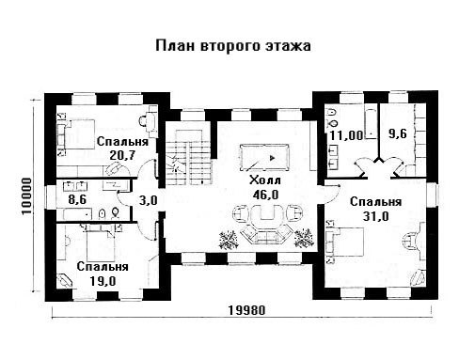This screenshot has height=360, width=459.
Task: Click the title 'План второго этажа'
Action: tap(233, 46)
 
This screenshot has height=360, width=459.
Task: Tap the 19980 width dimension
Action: tap(246, 310)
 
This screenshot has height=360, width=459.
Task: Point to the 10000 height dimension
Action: tap(27, 196)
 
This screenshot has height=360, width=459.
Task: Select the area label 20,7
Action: tap(122, 155)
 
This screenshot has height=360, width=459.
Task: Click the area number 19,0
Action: tap(103, 281)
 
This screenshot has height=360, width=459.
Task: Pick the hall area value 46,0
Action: tap(265, 195)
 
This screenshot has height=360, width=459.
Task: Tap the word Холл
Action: tap(265, 180)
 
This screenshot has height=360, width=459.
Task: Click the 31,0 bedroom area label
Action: tap(375, 216)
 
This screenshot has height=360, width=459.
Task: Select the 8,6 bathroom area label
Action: tap(77, 199)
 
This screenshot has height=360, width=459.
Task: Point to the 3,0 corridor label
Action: tap(149, 200)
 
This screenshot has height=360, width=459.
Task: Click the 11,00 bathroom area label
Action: tap(346, 135)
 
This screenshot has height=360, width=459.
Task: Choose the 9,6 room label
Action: tap(398, 134)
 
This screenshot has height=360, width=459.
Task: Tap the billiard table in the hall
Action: tap(264, 157)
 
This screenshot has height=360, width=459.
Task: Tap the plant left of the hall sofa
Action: tap(229, 240)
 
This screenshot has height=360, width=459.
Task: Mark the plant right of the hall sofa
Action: tap(304, 238)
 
